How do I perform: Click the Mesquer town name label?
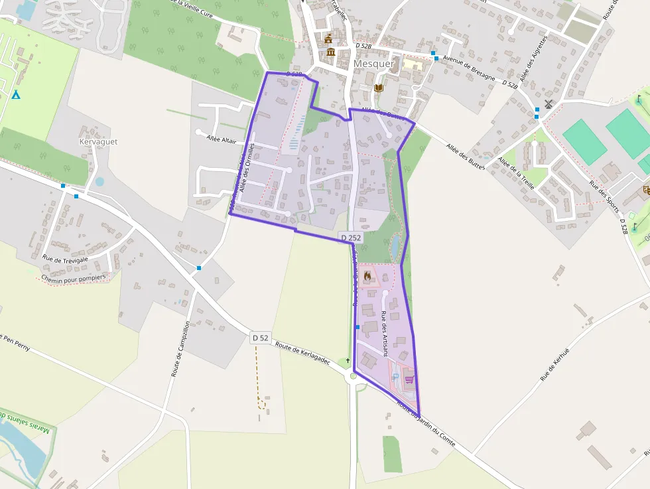tap(374, 64)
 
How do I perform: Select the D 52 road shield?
tap(261, 338)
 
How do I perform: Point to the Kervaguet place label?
tap(98, 141)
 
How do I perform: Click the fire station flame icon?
tap(367, 275)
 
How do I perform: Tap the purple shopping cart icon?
tap(409, 380)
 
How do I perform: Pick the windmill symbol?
tap(548, 104)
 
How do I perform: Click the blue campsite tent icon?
tap(16, 95)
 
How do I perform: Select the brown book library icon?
tap(378, 88)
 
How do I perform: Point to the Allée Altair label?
tap(222, 139)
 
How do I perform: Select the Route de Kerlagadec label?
tap(302, 354)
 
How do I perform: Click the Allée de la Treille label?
tap(515, 173)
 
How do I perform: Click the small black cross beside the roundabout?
tap(348, 360)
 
